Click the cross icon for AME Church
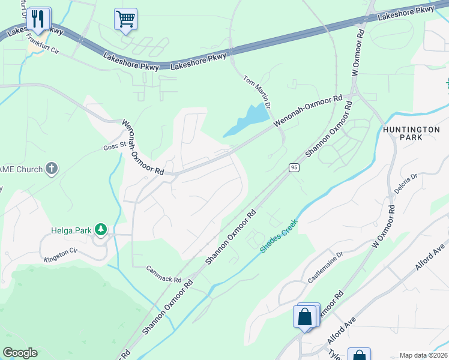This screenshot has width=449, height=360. [52, 169]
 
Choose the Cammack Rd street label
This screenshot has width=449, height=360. [164, 275]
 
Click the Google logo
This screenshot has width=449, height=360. [20, 353]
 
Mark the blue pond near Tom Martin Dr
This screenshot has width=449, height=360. [247, 118]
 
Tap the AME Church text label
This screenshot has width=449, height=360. [22, 170]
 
